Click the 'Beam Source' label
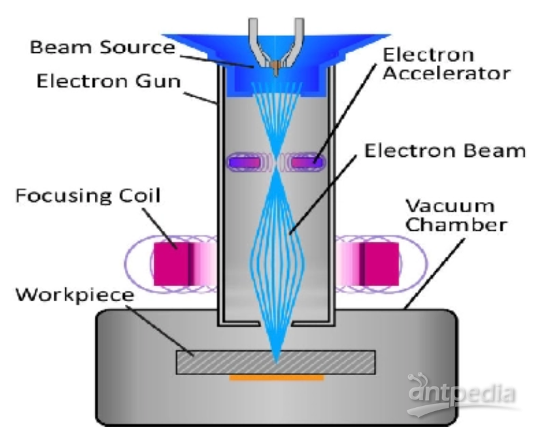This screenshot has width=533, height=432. pos(102,47)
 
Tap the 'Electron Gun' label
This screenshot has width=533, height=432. pos(109,82)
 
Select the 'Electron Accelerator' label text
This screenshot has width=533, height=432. pos(446,64)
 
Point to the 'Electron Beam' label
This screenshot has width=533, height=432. pos(445,150)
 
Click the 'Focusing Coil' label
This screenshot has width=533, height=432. pos(88,195)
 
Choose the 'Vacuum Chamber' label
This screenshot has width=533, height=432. pos(456,215)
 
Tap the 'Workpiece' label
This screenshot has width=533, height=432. pos(75,295)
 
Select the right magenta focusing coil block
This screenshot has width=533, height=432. pos(379,264)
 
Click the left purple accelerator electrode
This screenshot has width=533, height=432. pos(245,162)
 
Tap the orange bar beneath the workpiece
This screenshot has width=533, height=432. pos(277,378)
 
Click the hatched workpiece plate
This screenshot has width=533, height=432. pos(276,362)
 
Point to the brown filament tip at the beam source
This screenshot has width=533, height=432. pos(276,68)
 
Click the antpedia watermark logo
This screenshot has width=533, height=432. pos(462,394)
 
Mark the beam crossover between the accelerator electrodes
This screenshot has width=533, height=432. pos(277,162)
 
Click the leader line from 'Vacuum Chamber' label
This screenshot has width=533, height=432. pos(435,273)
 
